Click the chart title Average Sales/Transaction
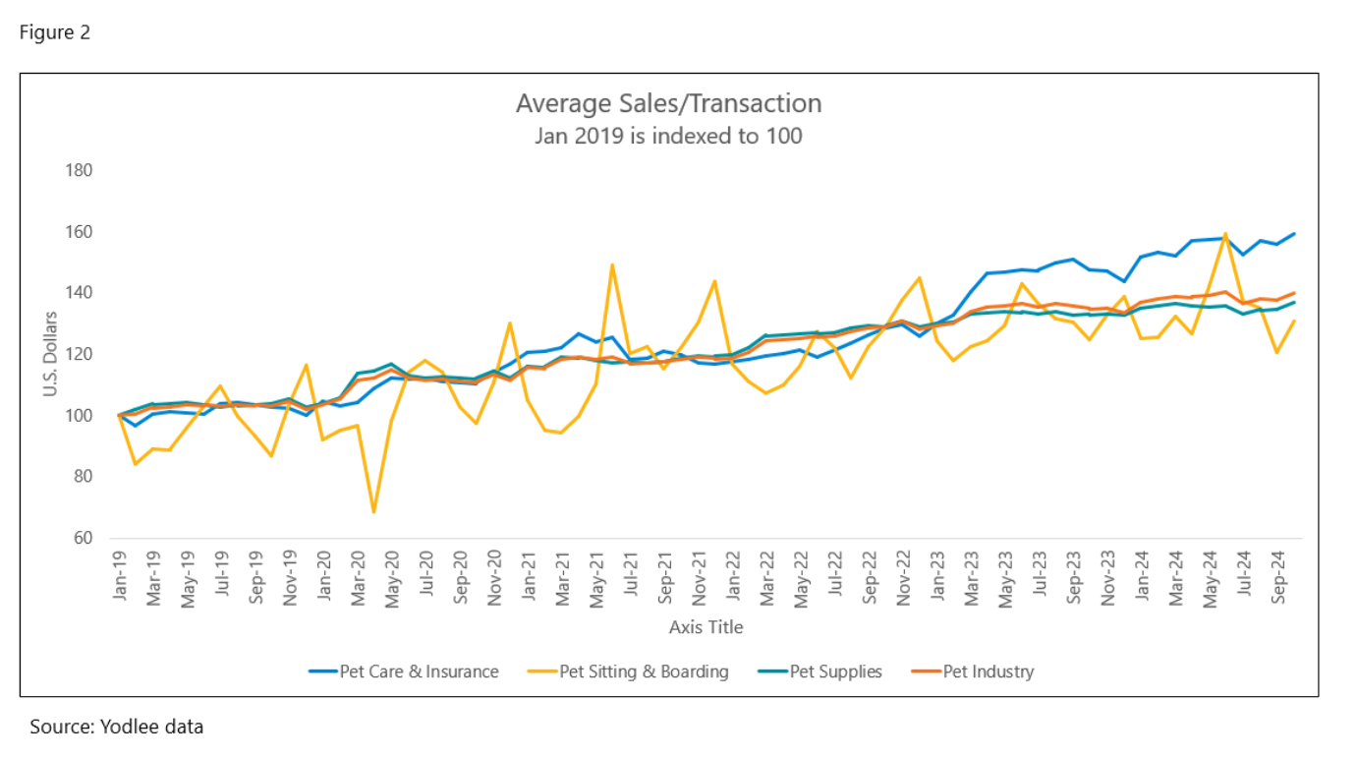[x=668, y=103]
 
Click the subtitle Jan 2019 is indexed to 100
[x=668, y=136]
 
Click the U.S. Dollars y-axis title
[x=51, y=354]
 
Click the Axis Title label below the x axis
[x=706, y=627]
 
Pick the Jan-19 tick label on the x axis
[x=120, y=577]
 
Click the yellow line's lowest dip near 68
[x=374, y=512]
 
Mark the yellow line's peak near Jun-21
[x=612, y=264]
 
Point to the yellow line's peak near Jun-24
[x=1225, y=234]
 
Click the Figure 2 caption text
[x=55, y=32]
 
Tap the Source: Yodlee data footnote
[x=116, y=728]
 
